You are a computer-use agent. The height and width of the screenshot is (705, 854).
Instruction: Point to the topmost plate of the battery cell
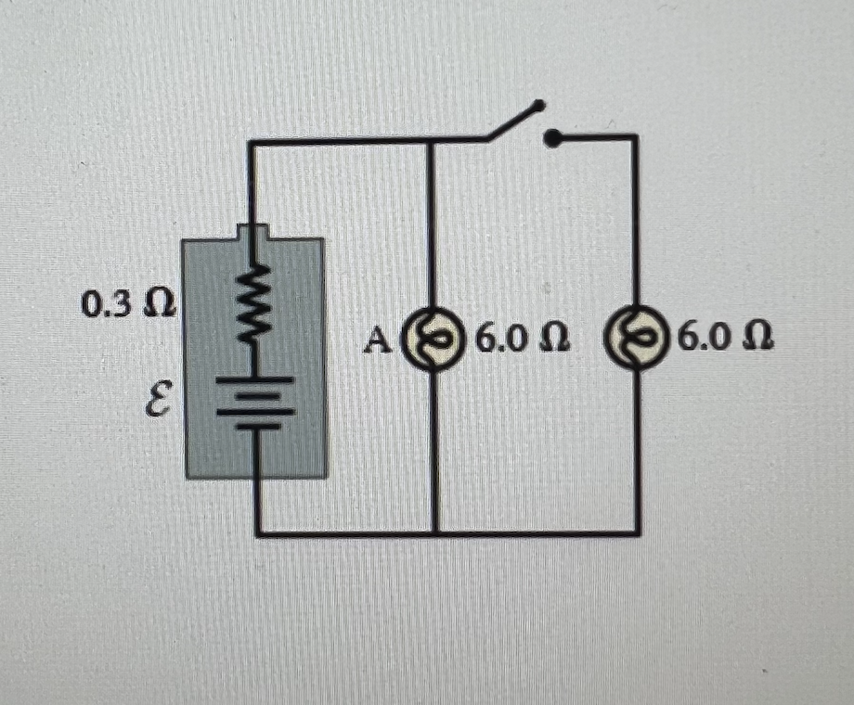tap(254, 379)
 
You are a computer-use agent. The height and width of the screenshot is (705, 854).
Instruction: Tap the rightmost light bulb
tap(637, 340)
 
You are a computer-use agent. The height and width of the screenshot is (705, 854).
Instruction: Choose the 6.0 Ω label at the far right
tap(725, 340)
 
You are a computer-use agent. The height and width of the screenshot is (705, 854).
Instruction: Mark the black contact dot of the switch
tap(551, 140)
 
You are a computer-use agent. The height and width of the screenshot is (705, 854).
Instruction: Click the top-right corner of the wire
tap(636, 137)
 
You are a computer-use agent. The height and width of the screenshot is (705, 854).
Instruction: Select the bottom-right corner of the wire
tap(638, 533)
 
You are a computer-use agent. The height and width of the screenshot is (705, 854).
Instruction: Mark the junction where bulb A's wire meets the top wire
tap(431, 141)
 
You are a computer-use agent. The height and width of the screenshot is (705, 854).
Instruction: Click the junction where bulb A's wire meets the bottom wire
tap(434, 534)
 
